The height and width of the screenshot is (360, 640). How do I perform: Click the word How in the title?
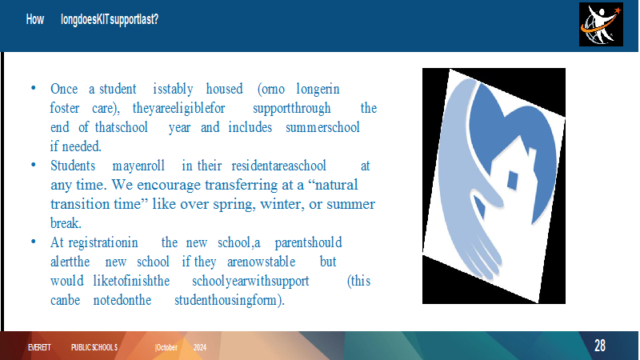click(35, 19)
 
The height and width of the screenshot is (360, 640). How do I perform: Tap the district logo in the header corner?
click(601, 25)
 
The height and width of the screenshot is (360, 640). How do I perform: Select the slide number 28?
click(599, 346)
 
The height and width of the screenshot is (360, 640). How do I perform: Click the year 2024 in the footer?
click(199, 347)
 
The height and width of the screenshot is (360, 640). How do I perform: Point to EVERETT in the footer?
click(39, 347)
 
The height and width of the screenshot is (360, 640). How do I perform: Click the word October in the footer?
click(166, 347)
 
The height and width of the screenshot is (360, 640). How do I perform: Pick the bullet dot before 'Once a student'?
click(34, 88)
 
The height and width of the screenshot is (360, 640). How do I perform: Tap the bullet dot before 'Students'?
click(34, 165)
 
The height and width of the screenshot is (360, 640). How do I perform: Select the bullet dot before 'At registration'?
click(34, 242)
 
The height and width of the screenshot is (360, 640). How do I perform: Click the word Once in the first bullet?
click(64, 89)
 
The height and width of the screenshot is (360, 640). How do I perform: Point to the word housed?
click(224, 89)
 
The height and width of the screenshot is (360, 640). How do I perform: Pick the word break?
click(66, 223)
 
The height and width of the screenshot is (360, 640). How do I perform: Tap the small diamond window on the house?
click(512, 180)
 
